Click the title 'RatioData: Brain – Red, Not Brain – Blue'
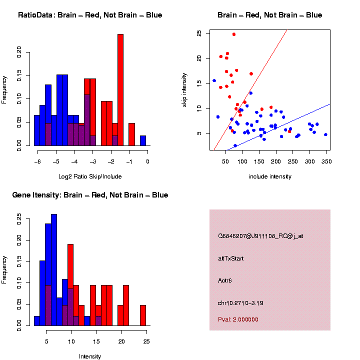point(90,15)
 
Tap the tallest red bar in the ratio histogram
point(120,90)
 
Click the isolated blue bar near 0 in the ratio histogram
point(143,140)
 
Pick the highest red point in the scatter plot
point(233,34)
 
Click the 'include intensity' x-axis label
point(269,176)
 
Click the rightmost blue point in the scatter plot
point(325,134)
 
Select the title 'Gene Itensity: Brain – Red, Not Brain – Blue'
point(90,195)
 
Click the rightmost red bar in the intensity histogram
point(143,315)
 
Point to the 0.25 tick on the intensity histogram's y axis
point(19,218)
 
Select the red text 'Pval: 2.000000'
point(238,319)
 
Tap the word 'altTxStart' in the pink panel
point(230,258)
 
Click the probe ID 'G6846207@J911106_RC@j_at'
point(260,236)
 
